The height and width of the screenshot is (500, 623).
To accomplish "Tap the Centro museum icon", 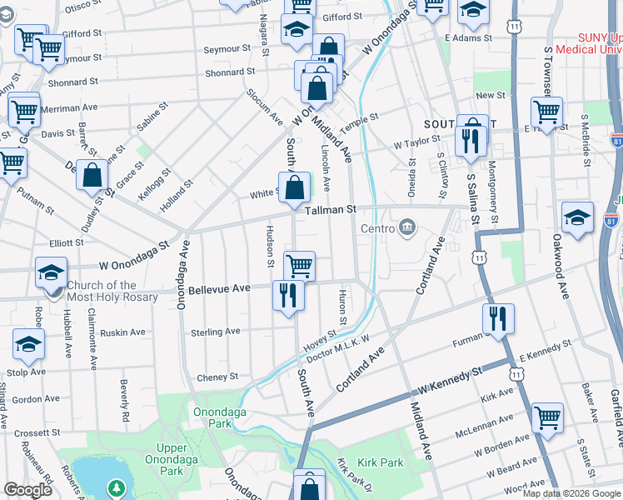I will pyautogui.click(x=407, y=228).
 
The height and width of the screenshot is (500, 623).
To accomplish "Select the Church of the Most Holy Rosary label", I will pyautogui.click(x=92, y=290).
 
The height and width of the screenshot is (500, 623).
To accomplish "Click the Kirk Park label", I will pyautogui.click(x=381, y=462).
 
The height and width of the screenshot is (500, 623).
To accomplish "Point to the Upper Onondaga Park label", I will pyautogui.click(x=166, y=459).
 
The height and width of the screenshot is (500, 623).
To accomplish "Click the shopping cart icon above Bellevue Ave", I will pyautogui.click(x=300, y=267).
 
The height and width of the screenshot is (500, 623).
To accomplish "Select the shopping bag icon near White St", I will pyautogui.click(x=295, y=187).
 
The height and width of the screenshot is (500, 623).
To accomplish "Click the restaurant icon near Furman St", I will pyautogui.click(x=498, y=319).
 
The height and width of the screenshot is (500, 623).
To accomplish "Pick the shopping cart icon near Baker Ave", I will pyautogui.click(x=547, y=418).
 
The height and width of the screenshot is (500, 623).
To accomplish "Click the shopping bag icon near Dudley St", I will pyautogui.click(x=92, y=175).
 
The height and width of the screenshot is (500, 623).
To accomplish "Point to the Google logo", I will pyautogui.click(x=28, y=490).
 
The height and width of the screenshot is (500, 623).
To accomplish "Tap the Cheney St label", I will pyautogui.click(x=217, y=377).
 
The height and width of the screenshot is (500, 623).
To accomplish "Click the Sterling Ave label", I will pyautogui.click(x=217, y=332).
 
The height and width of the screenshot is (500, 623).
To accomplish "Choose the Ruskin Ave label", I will pyautogui.click(x=122, y=332).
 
